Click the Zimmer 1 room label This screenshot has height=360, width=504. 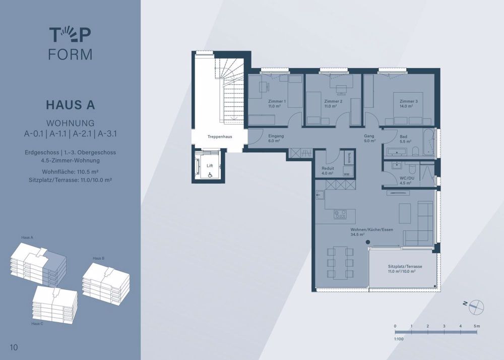pos(277,101)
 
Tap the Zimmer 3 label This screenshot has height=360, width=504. pos(409,101)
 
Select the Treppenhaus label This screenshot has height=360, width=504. pos(220,137)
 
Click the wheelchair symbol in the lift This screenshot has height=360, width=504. pos(210,175)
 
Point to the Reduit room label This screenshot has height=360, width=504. pos(328,168)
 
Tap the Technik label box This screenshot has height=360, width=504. pos(349,157)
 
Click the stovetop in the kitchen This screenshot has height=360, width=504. pos(340,214)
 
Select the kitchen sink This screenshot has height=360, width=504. pos(320,195)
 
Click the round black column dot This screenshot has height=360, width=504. pos(368,243)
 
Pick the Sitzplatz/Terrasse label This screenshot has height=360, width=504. pos(405,266)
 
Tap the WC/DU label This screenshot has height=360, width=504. pos(407,178)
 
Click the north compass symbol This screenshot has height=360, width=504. pos(476,307)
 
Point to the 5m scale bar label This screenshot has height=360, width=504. pos(477,326)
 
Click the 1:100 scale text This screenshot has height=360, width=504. pos(399,339)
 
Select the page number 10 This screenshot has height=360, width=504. pos(14,347)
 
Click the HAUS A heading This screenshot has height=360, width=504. pos(71,105)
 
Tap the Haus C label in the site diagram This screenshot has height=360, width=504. pos(37,324)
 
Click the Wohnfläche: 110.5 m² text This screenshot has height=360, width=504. pos(70,171)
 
